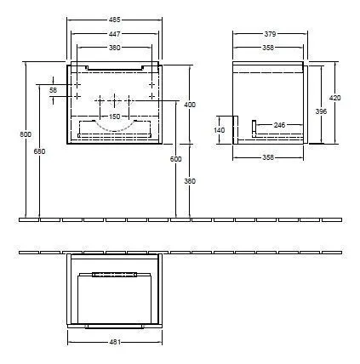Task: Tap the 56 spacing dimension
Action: [53, 90]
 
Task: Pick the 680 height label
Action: [37, 151]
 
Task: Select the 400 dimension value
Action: [189, 104]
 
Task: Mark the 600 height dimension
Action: [175, 159]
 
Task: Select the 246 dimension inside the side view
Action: [279, 125]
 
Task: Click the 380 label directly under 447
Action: [113, 48]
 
